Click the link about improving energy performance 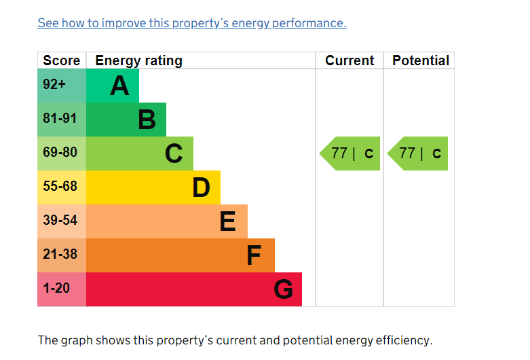[x=191, y=23]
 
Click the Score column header [x=61, y=60]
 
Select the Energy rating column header [x=138, y=60]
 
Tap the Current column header [x=349, y=60]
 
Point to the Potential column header [x=421, y=60]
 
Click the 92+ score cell [x=54, y=85]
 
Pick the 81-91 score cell [x=60, y=119]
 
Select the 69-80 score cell [x=60, y=153]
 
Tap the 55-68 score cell [x=60, y=186]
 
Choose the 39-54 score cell [x=60, y=220]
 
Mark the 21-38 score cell [x=60, y=254]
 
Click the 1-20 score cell [x=56, y=288]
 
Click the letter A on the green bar [x=119, y=86]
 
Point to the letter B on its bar [x=147, y=120]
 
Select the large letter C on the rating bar [x=174, y=154]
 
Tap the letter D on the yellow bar [x=201, y=187]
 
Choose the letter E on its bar [x=228, y=221]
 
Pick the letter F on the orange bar [x=254, y=255]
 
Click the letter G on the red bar [x=283, y=290]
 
